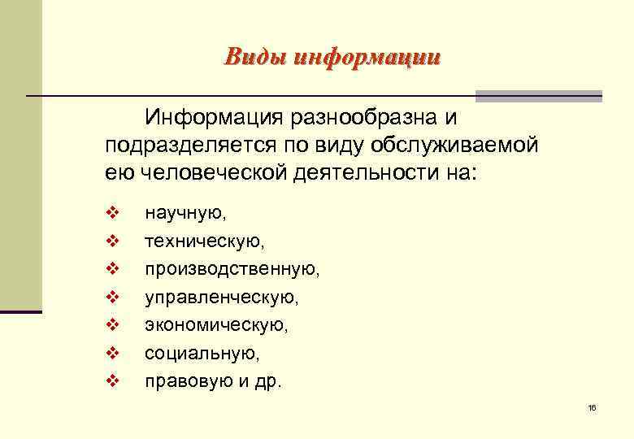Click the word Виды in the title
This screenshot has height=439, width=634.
(x=252, y=57)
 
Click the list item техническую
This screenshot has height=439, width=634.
(x=205, y=242)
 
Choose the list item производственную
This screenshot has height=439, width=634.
(x=232, y=270)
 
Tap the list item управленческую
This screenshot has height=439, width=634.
(x=221, y=298)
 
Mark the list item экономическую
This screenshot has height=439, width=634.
(x=215, y=325)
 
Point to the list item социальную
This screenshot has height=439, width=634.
(x=202, y=354)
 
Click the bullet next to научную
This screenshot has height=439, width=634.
(x=112, y=214)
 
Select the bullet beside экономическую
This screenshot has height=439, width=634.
(x=112, y=325)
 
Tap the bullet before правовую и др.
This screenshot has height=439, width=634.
(x=112, y=380)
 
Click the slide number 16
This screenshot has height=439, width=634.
(x=592, y=407)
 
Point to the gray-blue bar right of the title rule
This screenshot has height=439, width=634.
(x=538, y=96)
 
